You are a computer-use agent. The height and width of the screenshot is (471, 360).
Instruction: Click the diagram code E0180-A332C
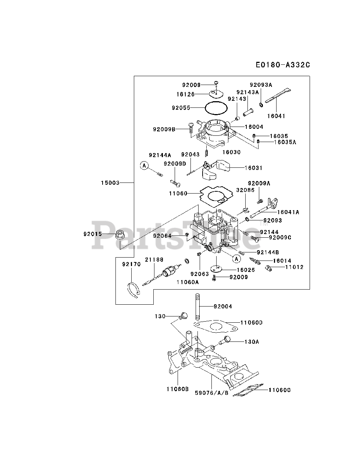coord(283,65)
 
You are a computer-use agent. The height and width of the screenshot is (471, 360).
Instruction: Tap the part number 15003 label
coord(111,183)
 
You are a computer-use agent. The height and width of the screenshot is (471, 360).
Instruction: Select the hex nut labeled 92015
coord(120,234)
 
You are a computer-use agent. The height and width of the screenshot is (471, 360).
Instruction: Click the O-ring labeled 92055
coord(216,108)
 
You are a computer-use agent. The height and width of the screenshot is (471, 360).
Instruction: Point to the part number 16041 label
coord(276,116)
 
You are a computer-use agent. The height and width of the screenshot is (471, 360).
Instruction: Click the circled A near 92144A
coord(145,166)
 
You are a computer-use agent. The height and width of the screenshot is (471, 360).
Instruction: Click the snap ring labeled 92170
coord(134,289)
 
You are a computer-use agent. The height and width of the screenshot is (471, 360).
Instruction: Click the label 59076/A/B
coord(212,393)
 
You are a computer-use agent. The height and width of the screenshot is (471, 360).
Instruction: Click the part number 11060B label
coord(177,388)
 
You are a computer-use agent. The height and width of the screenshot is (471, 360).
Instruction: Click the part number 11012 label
coord(295,267)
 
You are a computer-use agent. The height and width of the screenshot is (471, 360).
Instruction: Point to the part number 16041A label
coord(288,212)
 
